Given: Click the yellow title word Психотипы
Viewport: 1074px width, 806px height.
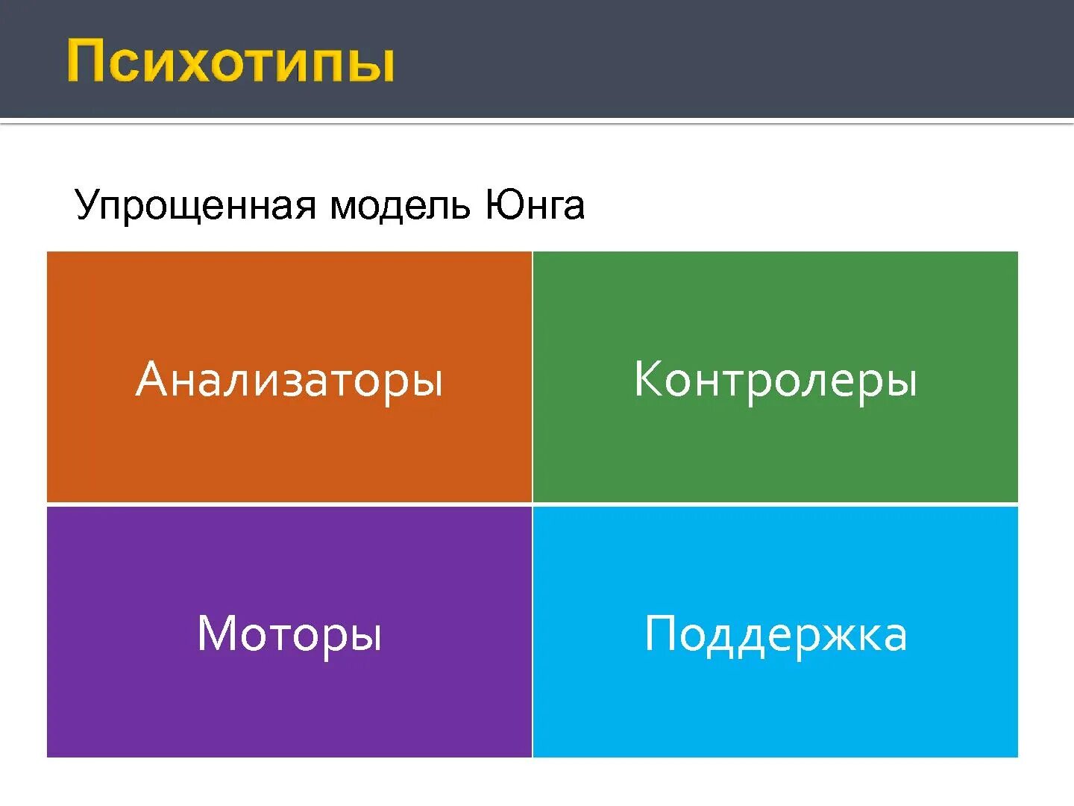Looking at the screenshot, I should pos(230,62).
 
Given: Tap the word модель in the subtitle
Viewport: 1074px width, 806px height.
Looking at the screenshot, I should pos(400,205).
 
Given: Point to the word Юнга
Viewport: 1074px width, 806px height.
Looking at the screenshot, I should pos(535,205).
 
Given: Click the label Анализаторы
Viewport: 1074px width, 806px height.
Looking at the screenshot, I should pos(289,379).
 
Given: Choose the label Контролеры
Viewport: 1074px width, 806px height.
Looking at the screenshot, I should pos(775,379).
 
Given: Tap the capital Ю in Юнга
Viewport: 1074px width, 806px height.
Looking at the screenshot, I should pos(501,204).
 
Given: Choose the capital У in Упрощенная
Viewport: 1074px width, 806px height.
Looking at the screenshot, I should pos(87,205).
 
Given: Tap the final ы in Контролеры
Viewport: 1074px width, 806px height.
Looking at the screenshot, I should pos(900,383).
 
